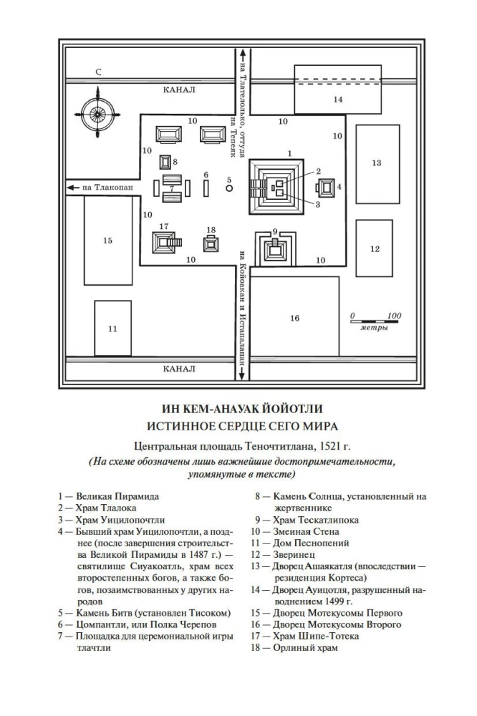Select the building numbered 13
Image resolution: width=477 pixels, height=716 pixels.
376,163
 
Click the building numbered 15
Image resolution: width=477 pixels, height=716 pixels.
107,241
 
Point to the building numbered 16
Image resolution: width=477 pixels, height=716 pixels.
294,317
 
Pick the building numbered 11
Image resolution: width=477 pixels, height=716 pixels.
112,329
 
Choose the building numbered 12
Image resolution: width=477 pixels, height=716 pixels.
374,248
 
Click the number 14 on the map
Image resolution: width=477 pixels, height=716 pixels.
337,100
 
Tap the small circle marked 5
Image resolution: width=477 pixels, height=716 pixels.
229,189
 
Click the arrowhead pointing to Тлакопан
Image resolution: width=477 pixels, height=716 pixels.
71,188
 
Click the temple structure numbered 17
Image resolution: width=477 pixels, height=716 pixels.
164,242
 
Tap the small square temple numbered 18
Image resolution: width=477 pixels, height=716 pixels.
211,243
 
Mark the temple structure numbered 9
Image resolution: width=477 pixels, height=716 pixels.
275,250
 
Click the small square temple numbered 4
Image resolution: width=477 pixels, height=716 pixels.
327,188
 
